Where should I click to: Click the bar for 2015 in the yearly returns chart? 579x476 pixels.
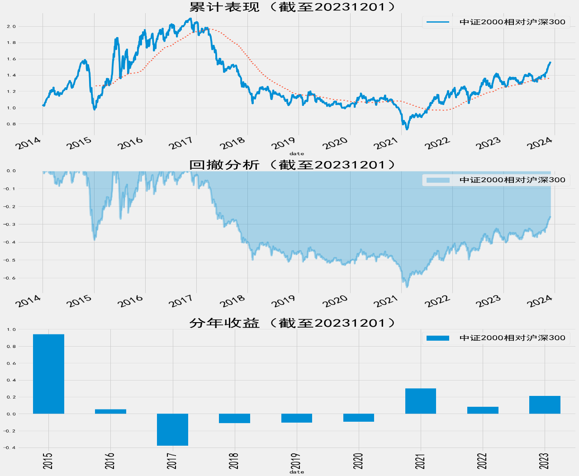coord(48,374)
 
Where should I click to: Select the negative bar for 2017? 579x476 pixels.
coord(172,429)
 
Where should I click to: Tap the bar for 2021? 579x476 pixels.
coord(421,401)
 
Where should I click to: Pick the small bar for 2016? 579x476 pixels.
coord(110,411)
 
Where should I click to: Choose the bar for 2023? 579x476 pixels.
coord(545,405)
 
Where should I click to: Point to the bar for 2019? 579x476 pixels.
coord(297,418)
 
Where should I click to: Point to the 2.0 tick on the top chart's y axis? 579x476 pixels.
coord(11,26)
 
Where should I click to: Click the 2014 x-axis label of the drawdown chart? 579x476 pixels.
coord(28,301)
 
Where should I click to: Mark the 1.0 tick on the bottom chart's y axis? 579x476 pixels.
coord(11,329)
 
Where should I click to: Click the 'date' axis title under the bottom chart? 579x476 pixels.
coord(297,472)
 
